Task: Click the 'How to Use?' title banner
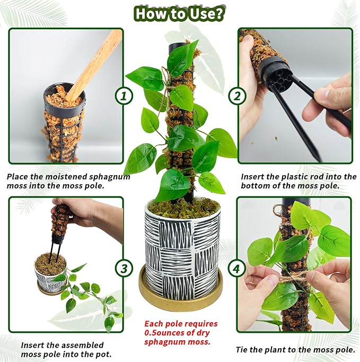[x=179, y=13]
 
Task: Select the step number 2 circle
[x=236, y=96]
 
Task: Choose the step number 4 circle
[x=236, y=269]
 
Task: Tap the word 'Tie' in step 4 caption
[x=242, y=349]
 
